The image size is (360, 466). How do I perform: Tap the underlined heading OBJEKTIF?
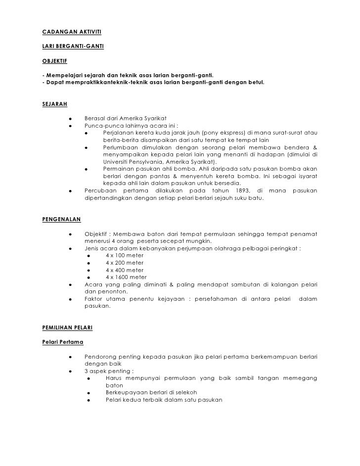pyautogui.click(x=55, y=63)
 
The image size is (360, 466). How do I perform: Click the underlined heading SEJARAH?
pyautogui.click(x=55, y=104)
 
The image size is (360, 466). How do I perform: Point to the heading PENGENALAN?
pyautogui.click(x=62, y=218)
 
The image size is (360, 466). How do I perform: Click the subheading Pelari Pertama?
pyautogui.click(x=63, y=342)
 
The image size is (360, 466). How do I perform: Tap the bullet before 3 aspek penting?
pyautogui.click(x=71, y=371)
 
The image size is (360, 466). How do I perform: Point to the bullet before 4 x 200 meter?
pyautogui.click(x=88, y=263)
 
